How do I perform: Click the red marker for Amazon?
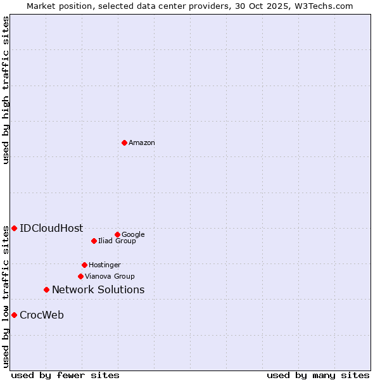tap(124, 142)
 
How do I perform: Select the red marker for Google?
tap(117, 234)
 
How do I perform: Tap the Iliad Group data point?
tap(94, 241)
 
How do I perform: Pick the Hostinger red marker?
tap(84, 265)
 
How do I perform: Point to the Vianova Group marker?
tap(80, 276)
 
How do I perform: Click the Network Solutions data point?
tap(46, 289)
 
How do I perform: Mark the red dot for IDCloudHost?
tap(14, 228)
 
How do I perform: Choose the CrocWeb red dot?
tap(14, 315)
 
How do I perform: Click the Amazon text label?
tap(142, 143)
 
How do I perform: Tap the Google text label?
tap(133, 234)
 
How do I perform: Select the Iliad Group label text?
tap(117, 241)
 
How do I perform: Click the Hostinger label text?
tap(104, 265)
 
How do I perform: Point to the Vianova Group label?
tap(110, 276)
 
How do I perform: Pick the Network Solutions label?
tap(98, 290)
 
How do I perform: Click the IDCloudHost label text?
tap(51, 229)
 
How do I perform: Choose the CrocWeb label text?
tap(42, 315)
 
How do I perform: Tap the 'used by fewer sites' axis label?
tap(65, 375)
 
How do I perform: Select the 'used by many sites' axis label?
tap(318, 375)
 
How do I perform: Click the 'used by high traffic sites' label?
tap(6, 90)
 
